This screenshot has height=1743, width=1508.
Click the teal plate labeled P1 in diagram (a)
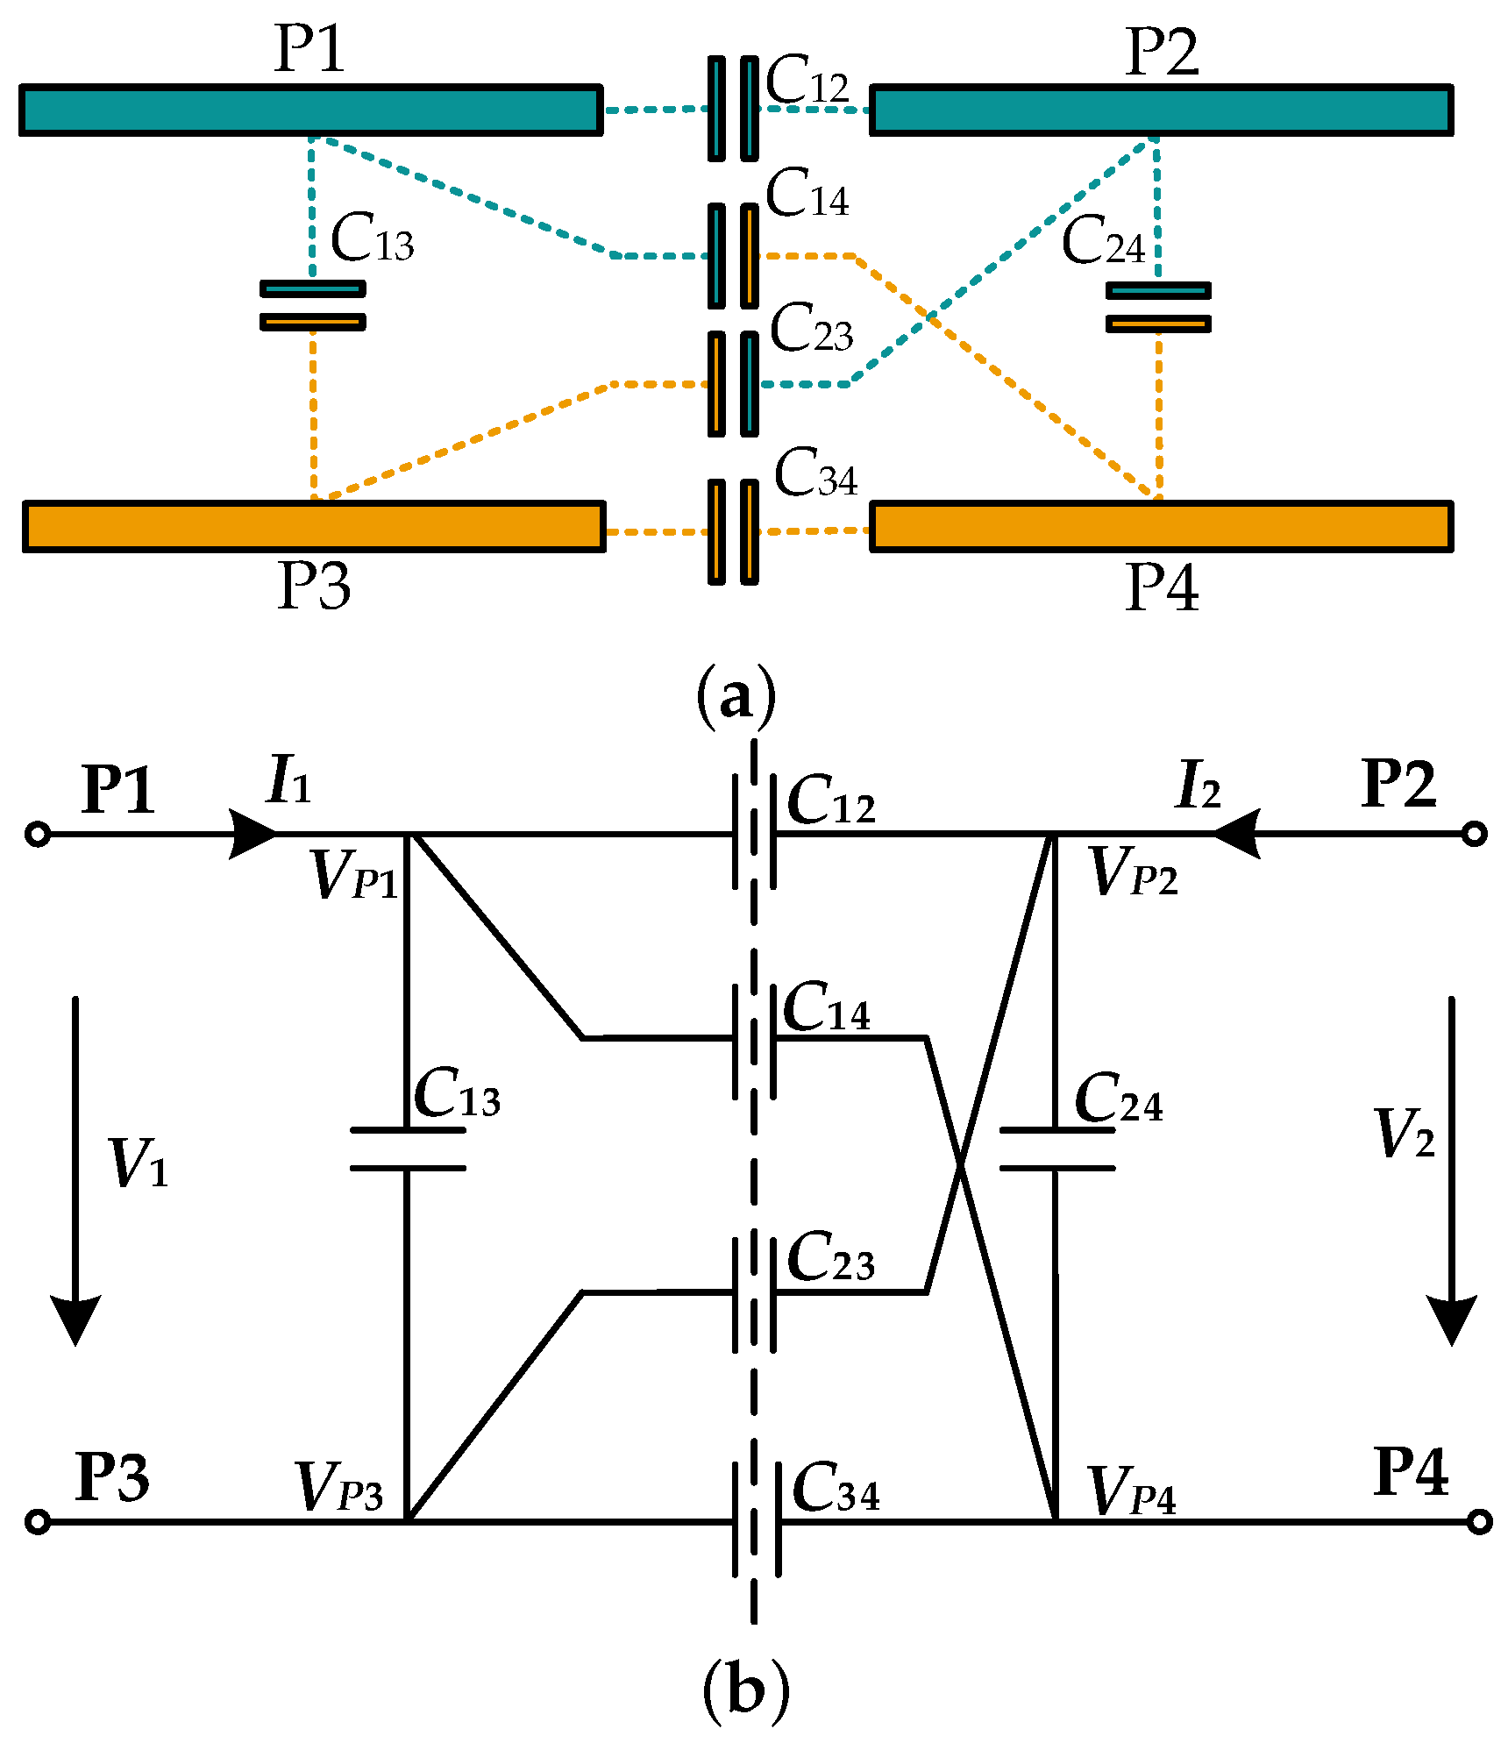(x=311, y=110)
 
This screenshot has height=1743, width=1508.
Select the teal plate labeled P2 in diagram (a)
(x=1161, y=110)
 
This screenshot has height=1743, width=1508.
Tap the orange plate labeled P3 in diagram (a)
(x=314, y=526)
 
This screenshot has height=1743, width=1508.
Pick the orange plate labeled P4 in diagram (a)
(x=1161, y=526)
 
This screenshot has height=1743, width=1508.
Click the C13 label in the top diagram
(x=372, y=238)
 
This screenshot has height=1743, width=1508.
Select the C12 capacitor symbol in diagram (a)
(x=733, y=109)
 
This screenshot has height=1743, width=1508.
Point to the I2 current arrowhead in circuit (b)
(x=1236, y=833)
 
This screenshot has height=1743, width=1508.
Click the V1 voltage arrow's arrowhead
(x=75, y=1320)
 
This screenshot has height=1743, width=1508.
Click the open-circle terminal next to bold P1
(x=38, y=834)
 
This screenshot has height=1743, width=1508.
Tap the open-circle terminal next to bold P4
(x=1479, y=1522)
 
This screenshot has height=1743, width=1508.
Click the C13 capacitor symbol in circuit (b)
(x=407, y=1149)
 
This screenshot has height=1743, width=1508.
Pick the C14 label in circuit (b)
(x=825, y=1008)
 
